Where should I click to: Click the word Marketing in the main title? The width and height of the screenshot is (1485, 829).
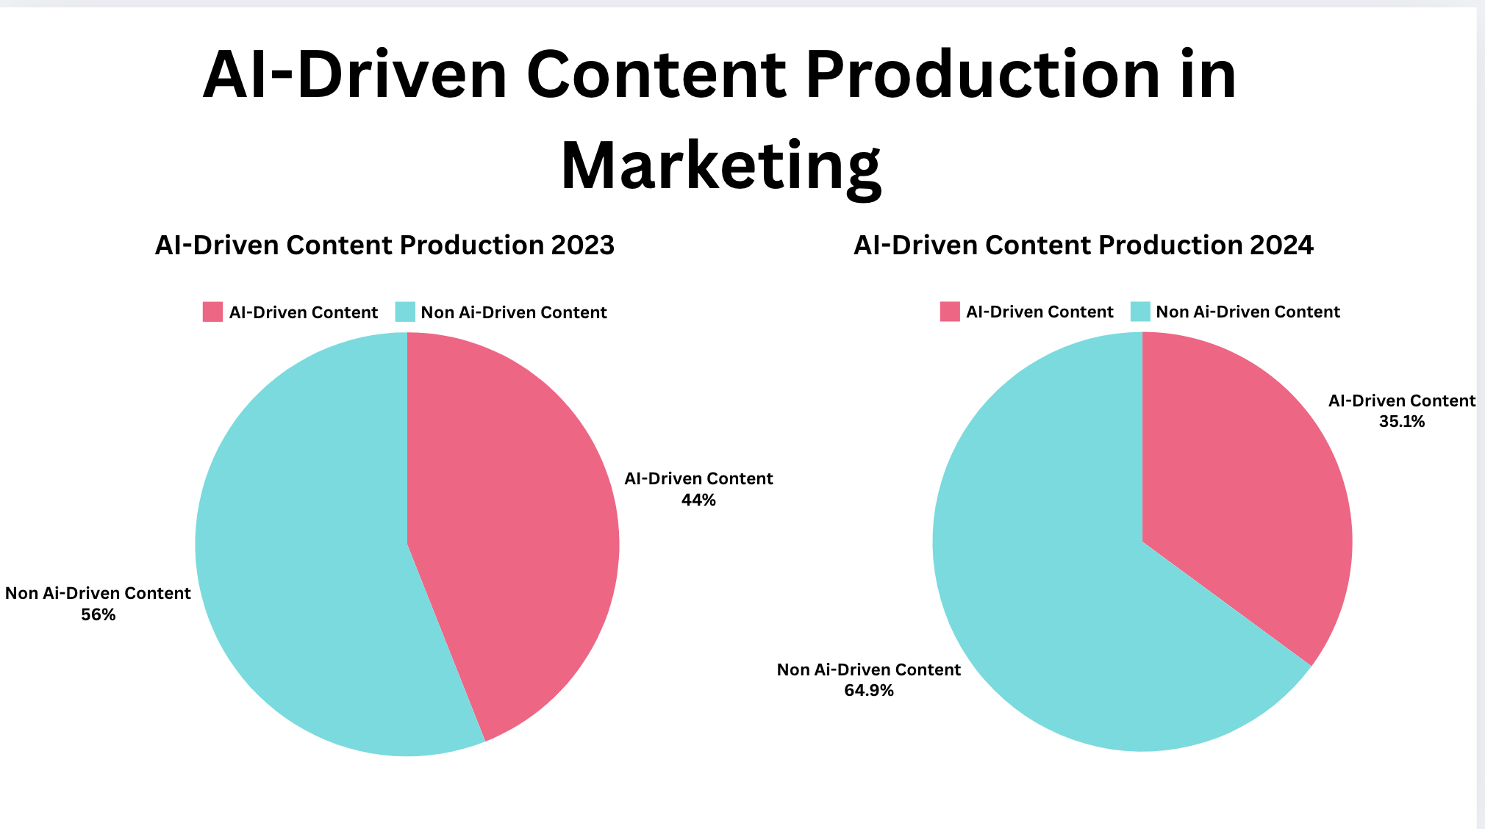720,166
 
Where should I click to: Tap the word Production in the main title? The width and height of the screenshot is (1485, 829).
982,75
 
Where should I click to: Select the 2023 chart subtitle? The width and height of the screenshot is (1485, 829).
384,245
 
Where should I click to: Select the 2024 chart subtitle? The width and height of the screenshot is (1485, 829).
1083,245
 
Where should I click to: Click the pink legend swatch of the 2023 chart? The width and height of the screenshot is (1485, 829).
212,312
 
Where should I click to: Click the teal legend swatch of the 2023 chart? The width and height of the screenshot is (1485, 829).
405,312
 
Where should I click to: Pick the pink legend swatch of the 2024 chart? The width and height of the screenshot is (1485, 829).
950,312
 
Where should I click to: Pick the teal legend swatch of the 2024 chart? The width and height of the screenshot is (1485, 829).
1140,312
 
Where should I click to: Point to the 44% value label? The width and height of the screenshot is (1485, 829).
698,500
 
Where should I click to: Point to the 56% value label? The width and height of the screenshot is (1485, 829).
98,614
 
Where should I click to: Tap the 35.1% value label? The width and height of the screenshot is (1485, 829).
1401,421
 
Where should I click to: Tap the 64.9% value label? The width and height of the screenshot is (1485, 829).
868,690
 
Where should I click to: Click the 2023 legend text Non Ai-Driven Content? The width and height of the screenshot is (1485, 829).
513,312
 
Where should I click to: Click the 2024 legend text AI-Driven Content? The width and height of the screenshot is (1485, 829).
1039,312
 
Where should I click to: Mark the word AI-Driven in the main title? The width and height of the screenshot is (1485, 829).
355,75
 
